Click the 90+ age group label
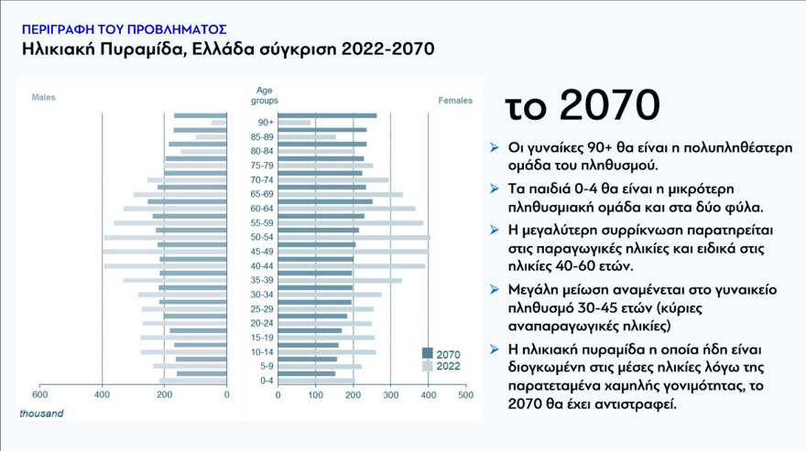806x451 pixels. tap(265, 123)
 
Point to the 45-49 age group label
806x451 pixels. tap(265, 252)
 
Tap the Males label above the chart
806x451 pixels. tap(44, 97)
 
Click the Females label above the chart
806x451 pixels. tap(455, 100)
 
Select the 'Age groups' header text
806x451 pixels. tap(264, 94)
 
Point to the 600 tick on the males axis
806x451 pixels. tap(39, 395)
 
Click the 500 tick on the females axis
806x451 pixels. tap(465, 395)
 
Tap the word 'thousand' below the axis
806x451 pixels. tap(42, 413)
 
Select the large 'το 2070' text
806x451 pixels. tap(583, 106)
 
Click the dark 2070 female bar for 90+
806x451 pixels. tap(327, 115)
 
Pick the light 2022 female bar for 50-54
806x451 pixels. tap(354, 238)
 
